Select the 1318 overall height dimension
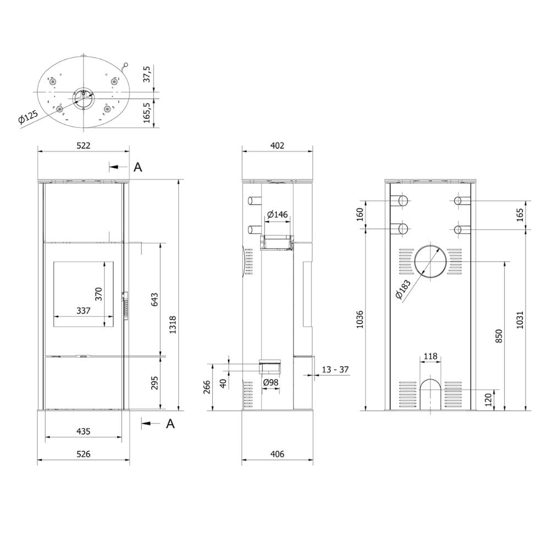click(x=173, y=325)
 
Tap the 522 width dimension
click(x=84, y=145)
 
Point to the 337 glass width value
click(x=84, y=310)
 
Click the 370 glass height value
click(x=98, y=294)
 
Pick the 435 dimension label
click(x=84, y=431)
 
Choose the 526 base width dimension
click(x=84, y=454)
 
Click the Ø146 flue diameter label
click(x=277, y=215)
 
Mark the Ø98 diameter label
click(x=271, y=382)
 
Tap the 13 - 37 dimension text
click(x=335, y=370)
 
